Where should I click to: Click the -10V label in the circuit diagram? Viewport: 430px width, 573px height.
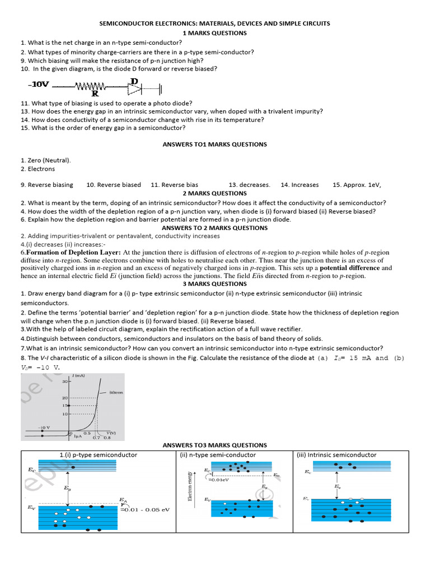coord(38,85)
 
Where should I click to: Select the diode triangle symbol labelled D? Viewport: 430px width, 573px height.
coord(134,87)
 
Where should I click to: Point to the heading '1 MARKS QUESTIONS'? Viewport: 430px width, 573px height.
coord(214,33)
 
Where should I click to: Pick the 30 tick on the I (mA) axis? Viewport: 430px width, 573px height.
coord(64,382)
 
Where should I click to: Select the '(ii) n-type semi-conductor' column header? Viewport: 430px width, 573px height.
coord(218,455)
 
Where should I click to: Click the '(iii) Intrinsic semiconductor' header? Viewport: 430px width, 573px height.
coord(336,455)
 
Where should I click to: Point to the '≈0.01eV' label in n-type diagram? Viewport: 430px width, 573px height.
coord(219,480)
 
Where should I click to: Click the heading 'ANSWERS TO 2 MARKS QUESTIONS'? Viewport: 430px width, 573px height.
coord(214,228)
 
